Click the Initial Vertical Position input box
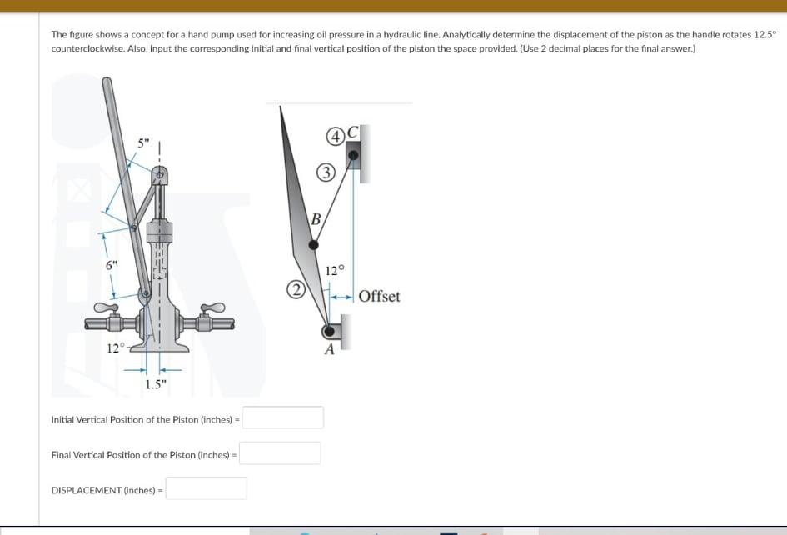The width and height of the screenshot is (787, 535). click(x=283, y=417)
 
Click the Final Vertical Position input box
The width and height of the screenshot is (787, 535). click(x=281, y=453)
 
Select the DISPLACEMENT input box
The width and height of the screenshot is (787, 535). click(x=206, y=488)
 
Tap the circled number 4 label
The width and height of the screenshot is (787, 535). click(x=336, y=136)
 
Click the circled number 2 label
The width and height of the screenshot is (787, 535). click(x=295, y=292)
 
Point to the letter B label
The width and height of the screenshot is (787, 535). click(x=316, y=220)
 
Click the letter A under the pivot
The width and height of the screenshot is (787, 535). click(x=329, y=350)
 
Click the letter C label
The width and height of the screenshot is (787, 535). click(x=354, y=132)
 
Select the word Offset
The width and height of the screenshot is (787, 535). click(x=379, y=297)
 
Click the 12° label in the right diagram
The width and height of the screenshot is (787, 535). click(x=334, y=270)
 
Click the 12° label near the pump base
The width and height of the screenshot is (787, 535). click(x=115, y=347)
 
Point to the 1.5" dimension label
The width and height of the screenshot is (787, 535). click(x=156, y=384)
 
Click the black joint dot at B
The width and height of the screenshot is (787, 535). click(x=314, y=245)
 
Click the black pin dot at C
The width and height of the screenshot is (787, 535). click(x=353, y=155)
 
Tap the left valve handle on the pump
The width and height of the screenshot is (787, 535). click(x=105, y=308)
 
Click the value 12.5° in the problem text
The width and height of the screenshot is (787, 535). click(x=763, y=35)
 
